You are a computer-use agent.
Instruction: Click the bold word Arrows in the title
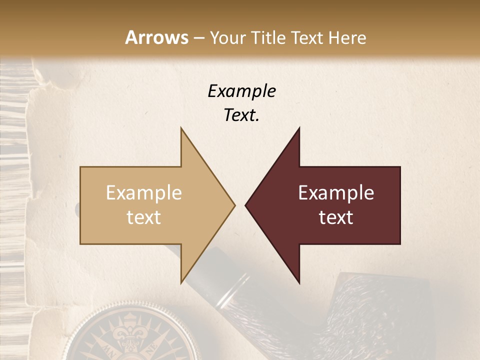[x=156, y=37]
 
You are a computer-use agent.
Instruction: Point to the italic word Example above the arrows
[x=241, y=91]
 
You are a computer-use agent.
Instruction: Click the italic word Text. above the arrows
[x=241, y=115]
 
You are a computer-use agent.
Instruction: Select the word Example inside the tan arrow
[x=144, y=193]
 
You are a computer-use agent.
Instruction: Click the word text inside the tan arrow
[x=144, y=217]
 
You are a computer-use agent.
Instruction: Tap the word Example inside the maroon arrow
[x=336, y=193]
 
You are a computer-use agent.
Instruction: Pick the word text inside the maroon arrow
[x=336, y=217]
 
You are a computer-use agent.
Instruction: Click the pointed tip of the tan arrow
[x=233, y=205]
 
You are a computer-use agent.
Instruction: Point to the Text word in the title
[x=310, y=37]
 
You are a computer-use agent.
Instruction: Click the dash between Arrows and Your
[x=198, y=38]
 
